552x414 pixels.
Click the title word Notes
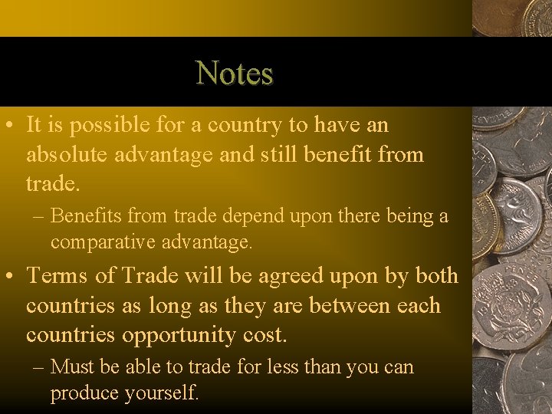(x=235, y=74)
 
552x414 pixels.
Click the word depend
(x=204, y=217)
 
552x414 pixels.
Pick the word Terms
(x=57, y=275)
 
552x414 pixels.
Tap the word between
(x=352, y=305)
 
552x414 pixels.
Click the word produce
(x=80, y=394)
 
